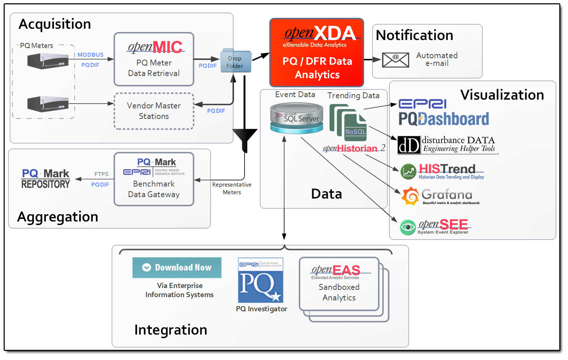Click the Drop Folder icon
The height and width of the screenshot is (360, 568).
[236, 61]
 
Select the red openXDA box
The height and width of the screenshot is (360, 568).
[317, 52]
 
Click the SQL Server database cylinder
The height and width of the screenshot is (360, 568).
[297, 118]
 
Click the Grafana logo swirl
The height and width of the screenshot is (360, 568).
[410, 196]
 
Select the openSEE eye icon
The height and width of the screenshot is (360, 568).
[408, 227]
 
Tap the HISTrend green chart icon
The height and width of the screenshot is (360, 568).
[408, 172]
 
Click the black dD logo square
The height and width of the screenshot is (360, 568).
[409, 145]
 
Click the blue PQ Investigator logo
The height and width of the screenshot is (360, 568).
[261, 280]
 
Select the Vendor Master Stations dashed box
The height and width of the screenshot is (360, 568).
[154, 111]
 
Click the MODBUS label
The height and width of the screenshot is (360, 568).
[90, 55]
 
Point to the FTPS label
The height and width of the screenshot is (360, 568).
[101, 174]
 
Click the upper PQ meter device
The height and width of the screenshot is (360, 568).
[48, 60]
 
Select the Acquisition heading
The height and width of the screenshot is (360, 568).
[55, 24]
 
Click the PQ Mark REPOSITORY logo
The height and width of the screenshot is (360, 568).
[45, 179]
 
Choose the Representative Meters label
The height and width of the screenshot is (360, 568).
[232, 188]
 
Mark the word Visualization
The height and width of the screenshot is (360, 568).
[502, 95]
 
